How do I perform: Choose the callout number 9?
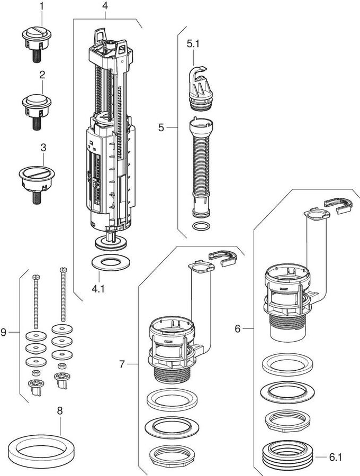[x=5, y=333]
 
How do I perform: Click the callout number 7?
[x=122, y=364]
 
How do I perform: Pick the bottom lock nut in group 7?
[x=168, y=456]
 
